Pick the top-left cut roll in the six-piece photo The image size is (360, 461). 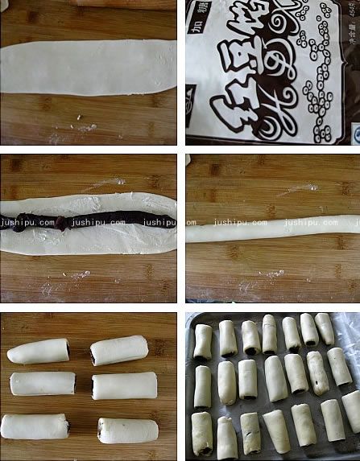(39, 351)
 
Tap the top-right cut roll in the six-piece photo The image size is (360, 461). (118, 350)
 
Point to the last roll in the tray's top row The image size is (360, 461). (324, 328)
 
